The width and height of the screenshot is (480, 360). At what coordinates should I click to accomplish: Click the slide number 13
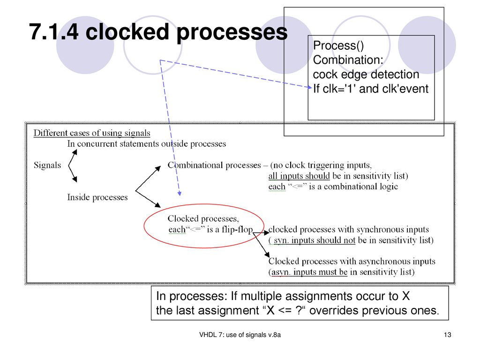[447, 335]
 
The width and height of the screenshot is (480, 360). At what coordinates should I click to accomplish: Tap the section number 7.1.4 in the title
[54, 32]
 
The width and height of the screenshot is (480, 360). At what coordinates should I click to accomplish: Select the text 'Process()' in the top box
[338, 45]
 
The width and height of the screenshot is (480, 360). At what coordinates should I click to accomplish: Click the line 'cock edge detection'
[366, 75]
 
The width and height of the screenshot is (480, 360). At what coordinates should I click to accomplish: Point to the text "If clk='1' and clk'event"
[370, 89]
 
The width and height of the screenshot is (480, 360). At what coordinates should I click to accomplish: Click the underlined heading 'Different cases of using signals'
[92, 133]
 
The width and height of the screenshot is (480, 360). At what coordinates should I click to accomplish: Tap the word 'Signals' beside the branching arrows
[47, 165]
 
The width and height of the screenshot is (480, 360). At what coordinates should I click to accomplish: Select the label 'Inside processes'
[97, 197]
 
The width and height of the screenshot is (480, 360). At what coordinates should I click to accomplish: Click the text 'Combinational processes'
[214, 165]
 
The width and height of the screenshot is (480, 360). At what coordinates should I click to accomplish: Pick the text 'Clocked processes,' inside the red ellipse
[203, 218]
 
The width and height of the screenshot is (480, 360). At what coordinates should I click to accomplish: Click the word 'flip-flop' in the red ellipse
[237, 229]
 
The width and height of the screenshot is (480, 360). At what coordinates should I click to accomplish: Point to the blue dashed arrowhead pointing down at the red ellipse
[180, 194]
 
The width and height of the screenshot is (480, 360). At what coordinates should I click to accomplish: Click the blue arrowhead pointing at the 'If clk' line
[309, 87]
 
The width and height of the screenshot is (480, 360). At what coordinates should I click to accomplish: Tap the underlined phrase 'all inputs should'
[299, 176]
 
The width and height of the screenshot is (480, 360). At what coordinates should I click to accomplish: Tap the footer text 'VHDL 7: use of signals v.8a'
[240, 335]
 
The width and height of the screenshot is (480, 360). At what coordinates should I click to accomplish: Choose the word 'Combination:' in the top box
[348, 60]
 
